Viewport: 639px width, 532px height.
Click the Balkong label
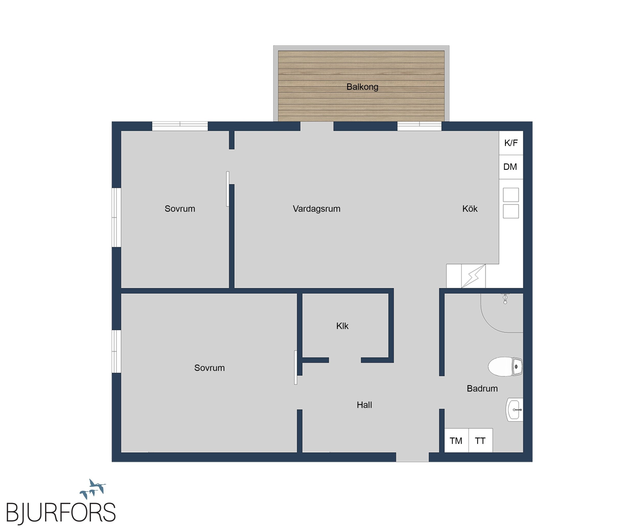coord(362,87)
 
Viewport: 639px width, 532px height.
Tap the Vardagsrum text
coord(316,209)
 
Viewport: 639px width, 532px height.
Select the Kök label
coord(470,209)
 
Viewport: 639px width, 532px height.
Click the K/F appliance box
coord(511,143)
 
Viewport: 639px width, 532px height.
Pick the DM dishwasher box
coord(511,167)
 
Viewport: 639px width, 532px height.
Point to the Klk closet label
coord(342,326)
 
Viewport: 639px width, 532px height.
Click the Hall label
coord(364,405)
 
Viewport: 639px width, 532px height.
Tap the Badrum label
coord(482,388)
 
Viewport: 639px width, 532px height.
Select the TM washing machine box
coord(457,441)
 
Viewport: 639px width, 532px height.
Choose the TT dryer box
coord(481,441)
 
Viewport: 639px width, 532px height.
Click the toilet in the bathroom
coord(505,366)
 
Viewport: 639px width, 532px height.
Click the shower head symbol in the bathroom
coord(505,299)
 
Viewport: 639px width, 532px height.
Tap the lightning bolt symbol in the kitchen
coord(473,276)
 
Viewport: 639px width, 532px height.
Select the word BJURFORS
coord(61,513)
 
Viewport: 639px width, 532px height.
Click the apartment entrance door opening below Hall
coord(412,457)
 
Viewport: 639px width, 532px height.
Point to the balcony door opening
coord(317,126)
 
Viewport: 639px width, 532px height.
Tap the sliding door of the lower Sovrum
coord(295,368)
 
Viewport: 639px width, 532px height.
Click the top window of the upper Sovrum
coord(180,126)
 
